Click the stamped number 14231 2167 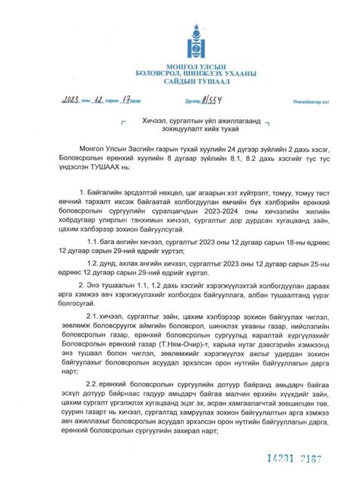coord(291,460)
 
